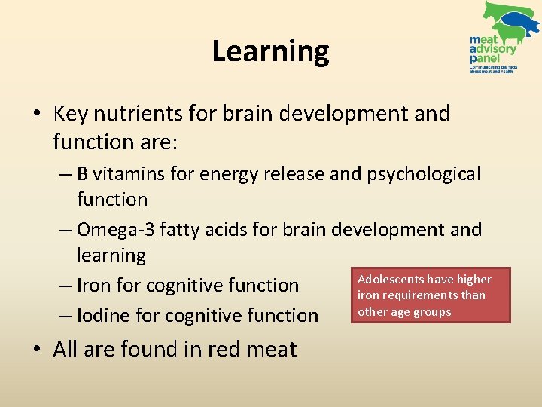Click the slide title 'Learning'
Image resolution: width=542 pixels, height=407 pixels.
270,51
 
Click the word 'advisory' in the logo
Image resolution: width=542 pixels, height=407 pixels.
493,49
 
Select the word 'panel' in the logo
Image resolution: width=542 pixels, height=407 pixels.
484,58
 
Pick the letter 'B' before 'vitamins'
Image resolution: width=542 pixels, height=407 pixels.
83,174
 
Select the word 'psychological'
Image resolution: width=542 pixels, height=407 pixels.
423,174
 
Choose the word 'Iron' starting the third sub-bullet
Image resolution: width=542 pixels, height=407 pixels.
94,286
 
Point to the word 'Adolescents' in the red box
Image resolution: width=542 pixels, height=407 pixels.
390,280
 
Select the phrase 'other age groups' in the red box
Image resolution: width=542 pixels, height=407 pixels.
404,312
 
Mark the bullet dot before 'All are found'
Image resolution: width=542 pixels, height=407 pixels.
37,349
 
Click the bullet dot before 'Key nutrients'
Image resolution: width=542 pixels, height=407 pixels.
37,114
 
